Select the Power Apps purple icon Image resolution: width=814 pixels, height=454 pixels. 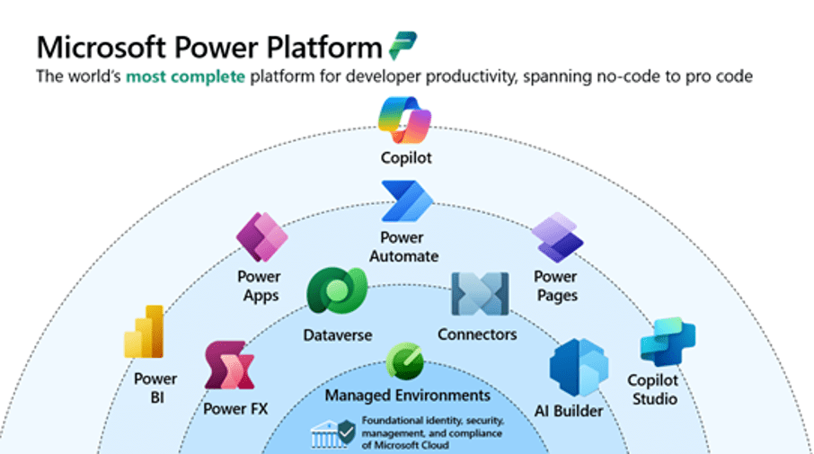point(261,237)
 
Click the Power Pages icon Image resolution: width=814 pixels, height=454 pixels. point(557,237)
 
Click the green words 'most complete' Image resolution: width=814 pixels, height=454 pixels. point(185,76)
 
